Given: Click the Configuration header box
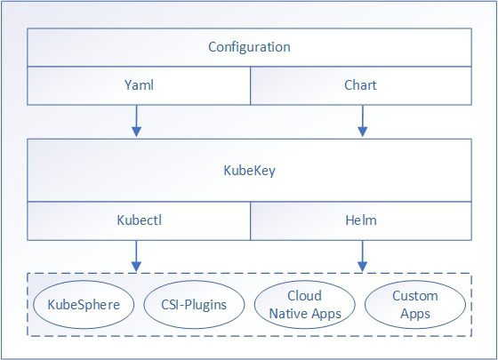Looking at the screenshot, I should point(249,47).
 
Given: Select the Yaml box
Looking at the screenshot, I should point(138,86).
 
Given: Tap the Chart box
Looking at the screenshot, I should point(361,86).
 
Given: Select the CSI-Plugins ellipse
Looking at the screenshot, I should point(191,304).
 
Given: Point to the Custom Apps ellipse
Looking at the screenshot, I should point(415,304).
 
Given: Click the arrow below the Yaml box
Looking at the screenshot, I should point(136,121).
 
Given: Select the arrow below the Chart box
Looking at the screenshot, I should point(362,121).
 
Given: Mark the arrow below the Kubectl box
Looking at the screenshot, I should point(136,255).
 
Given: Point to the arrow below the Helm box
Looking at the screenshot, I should point(362,255).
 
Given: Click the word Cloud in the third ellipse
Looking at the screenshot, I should point(304,295).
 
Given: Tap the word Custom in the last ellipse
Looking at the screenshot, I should point(415,295).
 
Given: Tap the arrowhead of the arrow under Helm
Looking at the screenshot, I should point(362,267).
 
